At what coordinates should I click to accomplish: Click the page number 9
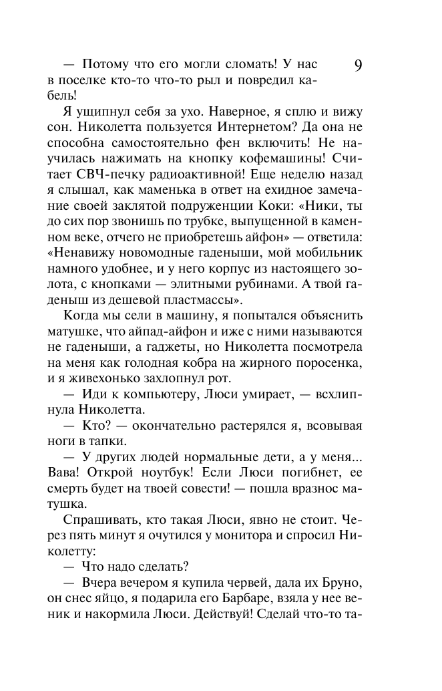point(358,65)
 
